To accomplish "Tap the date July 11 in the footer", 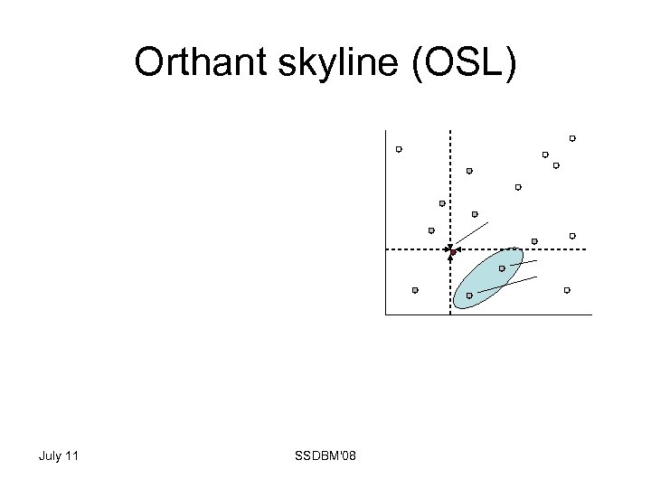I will (59, 455).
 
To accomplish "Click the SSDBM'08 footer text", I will (325, 455).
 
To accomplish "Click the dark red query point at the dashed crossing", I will (451, 251).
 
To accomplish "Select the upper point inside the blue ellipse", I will (502, 268).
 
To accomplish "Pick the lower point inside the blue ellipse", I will (469, 296).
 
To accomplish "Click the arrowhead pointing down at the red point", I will (449, 247).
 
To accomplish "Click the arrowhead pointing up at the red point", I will (450, 258).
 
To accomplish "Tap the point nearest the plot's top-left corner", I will (399, 149).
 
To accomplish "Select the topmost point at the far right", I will (572, 138).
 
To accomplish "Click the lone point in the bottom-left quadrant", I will (415, 290).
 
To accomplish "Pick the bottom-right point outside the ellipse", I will (567, 290).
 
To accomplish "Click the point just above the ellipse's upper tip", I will (534, 241).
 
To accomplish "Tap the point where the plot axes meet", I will (385, 314).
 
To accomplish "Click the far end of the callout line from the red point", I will (489, 222).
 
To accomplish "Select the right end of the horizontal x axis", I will (591, 314).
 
